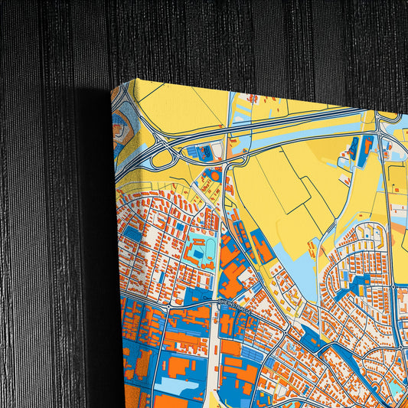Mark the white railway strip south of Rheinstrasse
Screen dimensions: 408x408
click(212, 360)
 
